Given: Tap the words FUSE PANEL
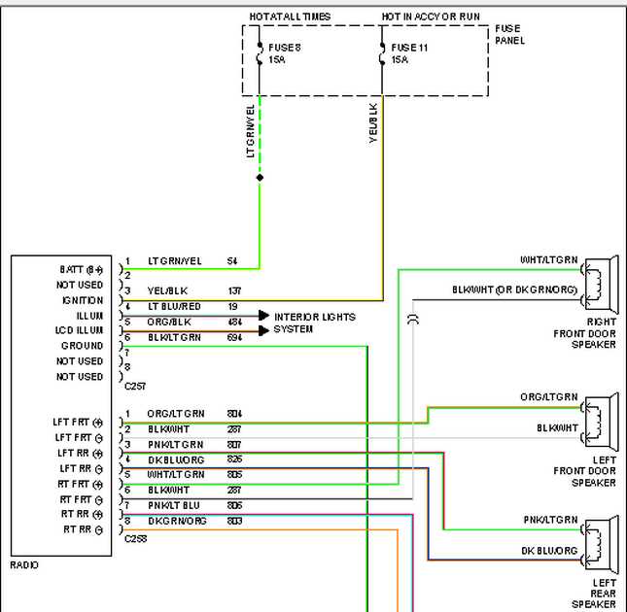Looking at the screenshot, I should (x=509, y=35).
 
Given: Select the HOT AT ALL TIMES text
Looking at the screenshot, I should (x=290, y=17).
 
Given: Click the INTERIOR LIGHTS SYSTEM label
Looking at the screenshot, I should (x=314, y=323).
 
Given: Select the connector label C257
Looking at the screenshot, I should (x=135, y=386).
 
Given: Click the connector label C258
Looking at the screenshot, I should (x=135, y=537).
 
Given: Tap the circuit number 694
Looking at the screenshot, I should (x=233, y=337).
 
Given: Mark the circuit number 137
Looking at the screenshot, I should (x=233, y=291).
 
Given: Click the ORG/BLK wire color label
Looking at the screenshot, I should (x=168, y=322).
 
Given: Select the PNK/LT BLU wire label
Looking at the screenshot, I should (x=174, y=505).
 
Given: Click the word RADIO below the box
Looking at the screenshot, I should (x=24, y=564).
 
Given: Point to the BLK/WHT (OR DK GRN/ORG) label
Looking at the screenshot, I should (x=514, y=290).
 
